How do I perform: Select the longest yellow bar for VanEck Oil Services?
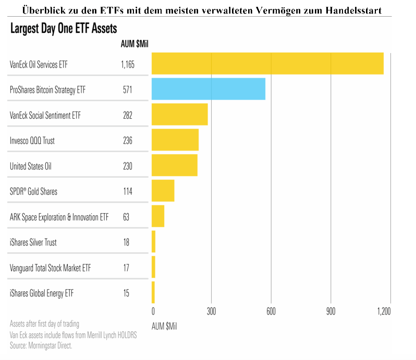[267, 64]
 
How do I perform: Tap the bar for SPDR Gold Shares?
[163, 191]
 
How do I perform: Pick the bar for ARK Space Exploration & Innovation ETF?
[158, 216]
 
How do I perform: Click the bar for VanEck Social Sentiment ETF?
[179, 115]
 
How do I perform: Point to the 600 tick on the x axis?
[271, 311]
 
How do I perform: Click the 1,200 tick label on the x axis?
[384, 311]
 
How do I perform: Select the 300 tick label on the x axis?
[211, 311]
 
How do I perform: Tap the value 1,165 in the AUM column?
[127, 65]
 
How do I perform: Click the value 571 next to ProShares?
[127, 90]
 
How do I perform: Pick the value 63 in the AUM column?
[126, 217]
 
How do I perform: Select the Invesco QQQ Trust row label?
[32, 141]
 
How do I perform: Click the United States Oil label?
[31, 166]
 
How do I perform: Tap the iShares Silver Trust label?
[33, 242]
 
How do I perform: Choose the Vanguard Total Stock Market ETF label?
[50, 268]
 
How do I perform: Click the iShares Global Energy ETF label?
[42, 293]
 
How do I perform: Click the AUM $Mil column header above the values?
[134, 43]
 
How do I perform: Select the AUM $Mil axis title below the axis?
[164, 326]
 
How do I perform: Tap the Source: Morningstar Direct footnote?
[41, 345]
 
